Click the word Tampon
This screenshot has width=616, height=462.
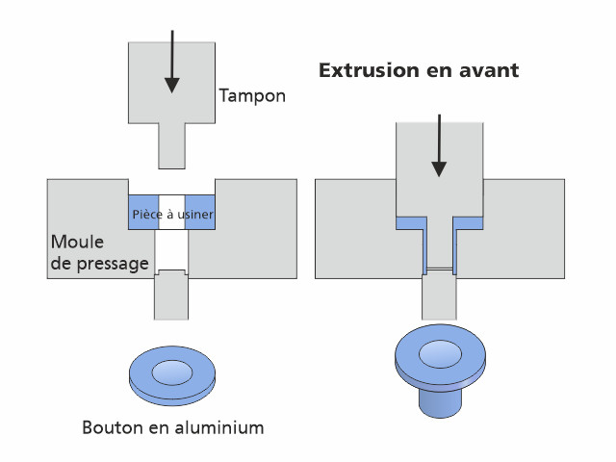252,95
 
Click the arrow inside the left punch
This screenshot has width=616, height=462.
171,62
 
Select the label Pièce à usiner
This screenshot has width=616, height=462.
171,214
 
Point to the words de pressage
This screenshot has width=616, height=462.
100,262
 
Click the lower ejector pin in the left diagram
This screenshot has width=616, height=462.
171,296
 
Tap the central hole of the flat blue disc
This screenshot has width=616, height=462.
171,371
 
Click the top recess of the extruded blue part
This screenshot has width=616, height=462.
439,351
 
